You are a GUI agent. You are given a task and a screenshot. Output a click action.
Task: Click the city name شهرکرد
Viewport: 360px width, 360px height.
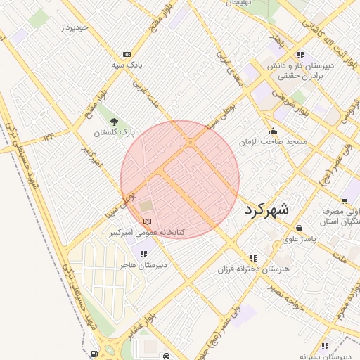click(266, 210)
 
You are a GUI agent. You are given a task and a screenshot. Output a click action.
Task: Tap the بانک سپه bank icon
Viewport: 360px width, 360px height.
click(127, 54)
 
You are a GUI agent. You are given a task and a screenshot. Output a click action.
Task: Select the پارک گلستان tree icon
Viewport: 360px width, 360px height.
click(114, 121)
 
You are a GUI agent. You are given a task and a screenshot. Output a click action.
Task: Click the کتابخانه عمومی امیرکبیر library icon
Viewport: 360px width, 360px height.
click(147, 221)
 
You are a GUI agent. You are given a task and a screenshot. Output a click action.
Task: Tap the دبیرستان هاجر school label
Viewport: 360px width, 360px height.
click(143, 265)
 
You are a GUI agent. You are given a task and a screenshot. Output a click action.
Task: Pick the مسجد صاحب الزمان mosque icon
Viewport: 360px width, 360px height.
click(273, 131)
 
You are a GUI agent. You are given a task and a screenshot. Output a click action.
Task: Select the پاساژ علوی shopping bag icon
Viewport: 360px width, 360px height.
click(300, 228)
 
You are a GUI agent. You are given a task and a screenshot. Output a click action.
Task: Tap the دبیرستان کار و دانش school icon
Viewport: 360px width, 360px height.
click(300, 55)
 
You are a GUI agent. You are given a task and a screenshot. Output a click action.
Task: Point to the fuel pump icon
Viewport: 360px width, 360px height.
click(94, 354)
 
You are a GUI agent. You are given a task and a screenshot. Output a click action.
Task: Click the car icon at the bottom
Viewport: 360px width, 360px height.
click(165, 356)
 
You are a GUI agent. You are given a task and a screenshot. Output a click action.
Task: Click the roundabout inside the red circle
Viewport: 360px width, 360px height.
click(191, 143)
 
